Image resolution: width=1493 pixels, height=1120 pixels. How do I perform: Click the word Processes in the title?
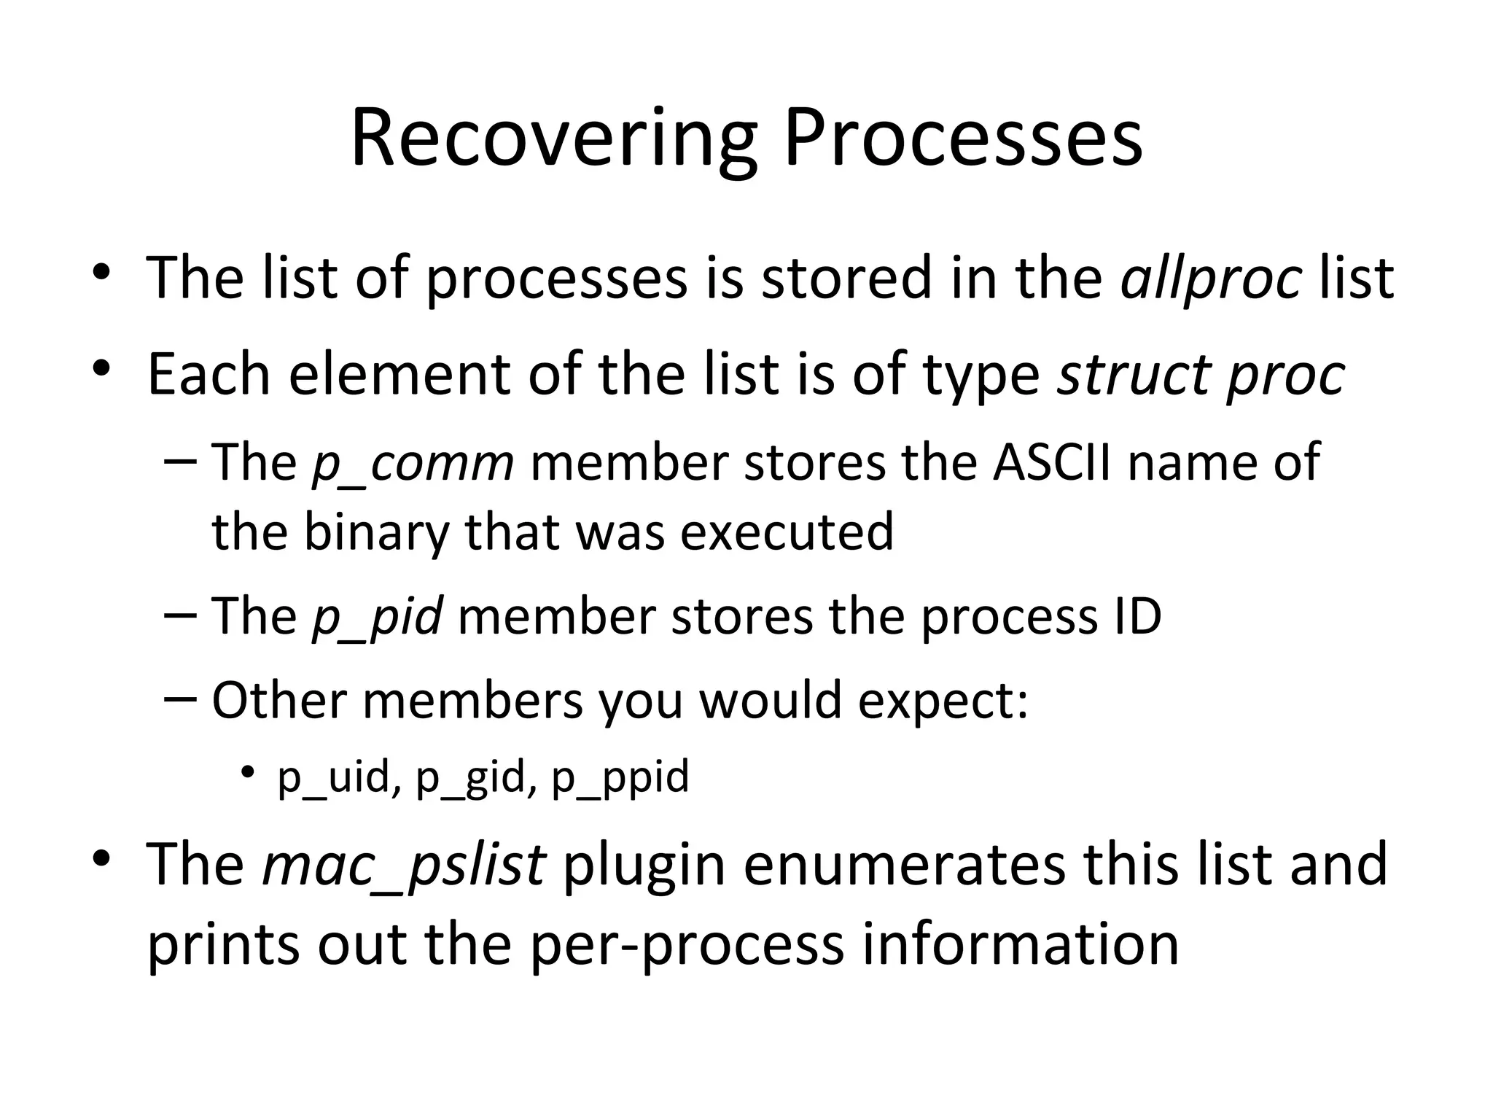[x=963, y=139]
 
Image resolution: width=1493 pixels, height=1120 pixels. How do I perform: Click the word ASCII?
[x=1051, y=462]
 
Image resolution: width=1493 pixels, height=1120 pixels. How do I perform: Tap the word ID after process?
[x=1137, y=617]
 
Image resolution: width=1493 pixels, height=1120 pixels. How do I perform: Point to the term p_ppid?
[x=620, y=777]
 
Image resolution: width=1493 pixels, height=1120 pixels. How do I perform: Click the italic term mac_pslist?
[x=404, y=864]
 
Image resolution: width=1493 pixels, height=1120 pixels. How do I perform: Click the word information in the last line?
[x=1021, y=944]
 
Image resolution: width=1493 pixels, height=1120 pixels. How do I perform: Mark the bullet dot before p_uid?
[x=249, y=771]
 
